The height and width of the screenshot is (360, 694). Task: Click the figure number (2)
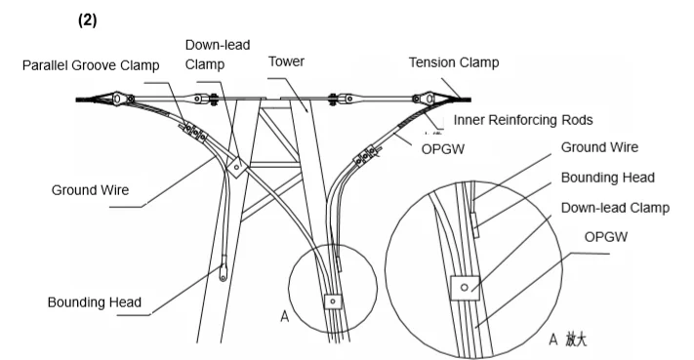[87, 20]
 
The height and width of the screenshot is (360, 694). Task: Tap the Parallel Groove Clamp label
[91, 65]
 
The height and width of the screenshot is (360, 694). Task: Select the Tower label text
[286, 61]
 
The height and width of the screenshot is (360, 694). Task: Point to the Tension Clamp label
[454, 62]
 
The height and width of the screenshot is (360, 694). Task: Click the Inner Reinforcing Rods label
[523, 120]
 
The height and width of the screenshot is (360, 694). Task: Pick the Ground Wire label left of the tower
[91, 190]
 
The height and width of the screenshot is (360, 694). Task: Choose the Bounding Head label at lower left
[95, 302]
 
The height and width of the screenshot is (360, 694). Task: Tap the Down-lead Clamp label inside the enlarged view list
[615, 208]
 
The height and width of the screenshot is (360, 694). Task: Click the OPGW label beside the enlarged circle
[606, 237]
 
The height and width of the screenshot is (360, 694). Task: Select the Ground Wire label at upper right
[599, 147]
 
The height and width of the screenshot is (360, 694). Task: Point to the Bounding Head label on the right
[608, 178]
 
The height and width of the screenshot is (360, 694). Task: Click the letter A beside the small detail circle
[285, 317]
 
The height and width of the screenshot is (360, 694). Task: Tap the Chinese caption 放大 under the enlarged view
[576, 340]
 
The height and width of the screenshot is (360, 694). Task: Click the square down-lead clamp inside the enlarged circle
[465, 288]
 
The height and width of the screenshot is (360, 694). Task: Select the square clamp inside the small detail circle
[333, 301]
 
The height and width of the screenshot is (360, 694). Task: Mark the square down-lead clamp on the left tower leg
[236, 167]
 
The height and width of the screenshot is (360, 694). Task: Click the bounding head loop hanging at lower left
[224, 269]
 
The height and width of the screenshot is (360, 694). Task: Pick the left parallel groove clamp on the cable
[194, 132]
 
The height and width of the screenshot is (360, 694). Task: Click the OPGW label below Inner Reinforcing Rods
[443, 149]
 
